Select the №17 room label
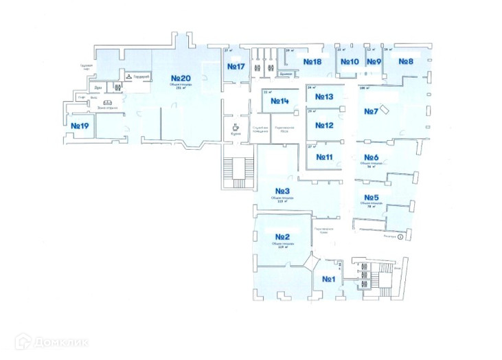click(x=236, y=66)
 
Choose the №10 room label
click(x=350, y=62)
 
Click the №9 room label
click(x=374, y=62)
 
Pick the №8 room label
click(x=406, y=62)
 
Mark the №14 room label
click(x=279, y=102)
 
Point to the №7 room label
click(x=372, y=111)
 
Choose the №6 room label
click(x=372, y=157)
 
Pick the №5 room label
click(x=372, y=197)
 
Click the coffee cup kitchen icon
click(x=236, y=127)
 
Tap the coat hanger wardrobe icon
click(x=128, y=76)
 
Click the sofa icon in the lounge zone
click(x=106, y=103)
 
